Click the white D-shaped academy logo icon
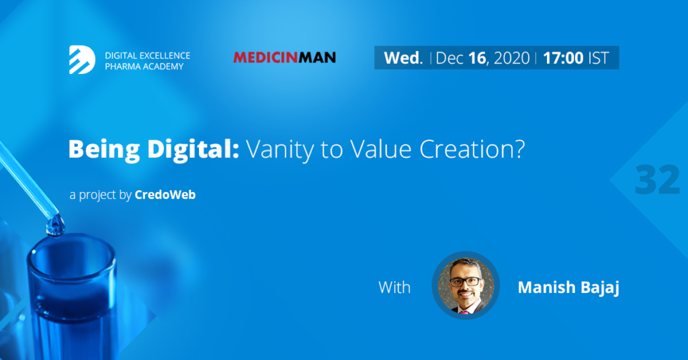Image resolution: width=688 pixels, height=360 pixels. tap(82, 60)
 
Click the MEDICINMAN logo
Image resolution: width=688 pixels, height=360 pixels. tap(284, 58)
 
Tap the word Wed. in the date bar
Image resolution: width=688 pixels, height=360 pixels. tap(403, 58)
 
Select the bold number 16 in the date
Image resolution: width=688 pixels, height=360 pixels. tap(478, 58)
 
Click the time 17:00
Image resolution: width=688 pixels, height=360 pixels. tap(563, 58)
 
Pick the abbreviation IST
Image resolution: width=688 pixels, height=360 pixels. tap(599, 58)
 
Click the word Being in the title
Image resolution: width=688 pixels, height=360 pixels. tap(104, 150)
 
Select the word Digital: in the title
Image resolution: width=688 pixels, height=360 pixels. tap(193, 148)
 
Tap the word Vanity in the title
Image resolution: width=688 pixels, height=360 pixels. tap(280, 150)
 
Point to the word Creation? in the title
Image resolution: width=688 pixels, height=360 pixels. tap(472, 149)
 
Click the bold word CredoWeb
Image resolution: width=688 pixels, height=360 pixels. tap(165, 195)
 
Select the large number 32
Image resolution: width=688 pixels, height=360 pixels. tap(657, 179)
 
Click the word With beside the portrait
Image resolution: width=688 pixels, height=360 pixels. tap(394, 287)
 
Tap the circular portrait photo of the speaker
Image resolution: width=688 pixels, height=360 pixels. tap(466, 285)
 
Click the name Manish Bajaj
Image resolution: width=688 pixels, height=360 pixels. tap(568, 287)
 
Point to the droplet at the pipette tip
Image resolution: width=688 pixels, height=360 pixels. tap(55, 226)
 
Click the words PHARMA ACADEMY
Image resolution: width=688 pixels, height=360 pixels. tap(144, 66)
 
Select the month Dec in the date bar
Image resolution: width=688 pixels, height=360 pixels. tap(449, 58)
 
